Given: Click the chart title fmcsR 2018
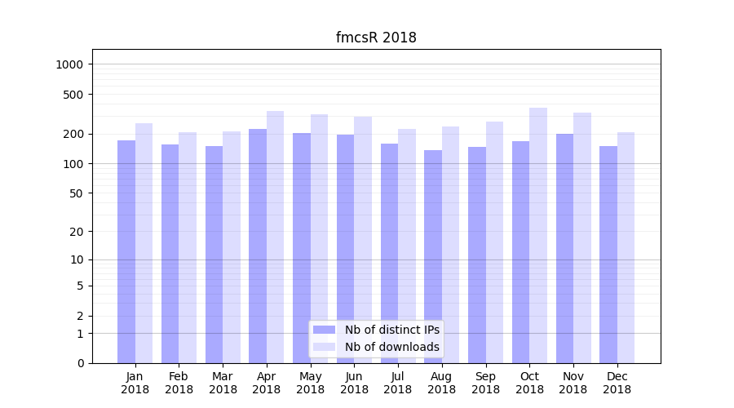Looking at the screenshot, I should coord(376,38).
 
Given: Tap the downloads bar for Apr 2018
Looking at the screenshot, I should coord(276,237).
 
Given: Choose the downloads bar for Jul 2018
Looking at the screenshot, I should coord(407,246).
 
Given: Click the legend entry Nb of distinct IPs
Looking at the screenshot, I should coord(391,330).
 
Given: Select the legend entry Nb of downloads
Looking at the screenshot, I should coord(391,347).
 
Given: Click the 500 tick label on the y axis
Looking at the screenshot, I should coord(74,95).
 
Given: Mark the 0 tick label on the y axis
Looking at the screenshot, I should coord(81,363).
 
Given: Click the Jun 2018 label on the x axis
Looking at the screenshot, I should coord(354,383).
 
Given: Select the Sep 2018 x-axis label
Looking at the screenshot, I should coord(485,383).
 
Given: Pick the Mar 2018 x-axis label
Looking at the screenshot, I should coord(223,383).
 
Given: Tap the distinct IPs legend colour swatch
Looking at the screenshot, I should coord(325,330).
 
